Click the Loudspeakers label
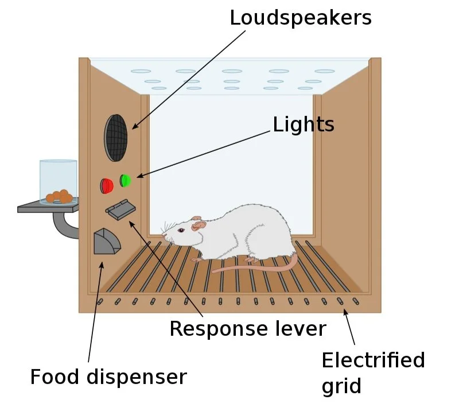tap(301, 18)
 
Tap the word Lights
tap(303, 125)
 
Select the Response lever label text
tap(248, 329)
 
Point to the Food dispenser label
tap(108, 377)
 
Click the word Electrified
tap(373, 361)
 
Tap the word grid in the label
tap(341, 386)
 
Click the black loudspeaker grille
tap(115, 137)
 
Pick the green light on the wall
tap(125, 180)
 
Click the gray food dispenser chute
tap(107, 242)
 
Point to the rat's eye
tap(181, 230)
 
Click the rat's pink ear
tap(198, 223)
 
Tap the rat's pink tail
tap(258, 266)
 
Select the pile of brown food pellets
tap(59, 196)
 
